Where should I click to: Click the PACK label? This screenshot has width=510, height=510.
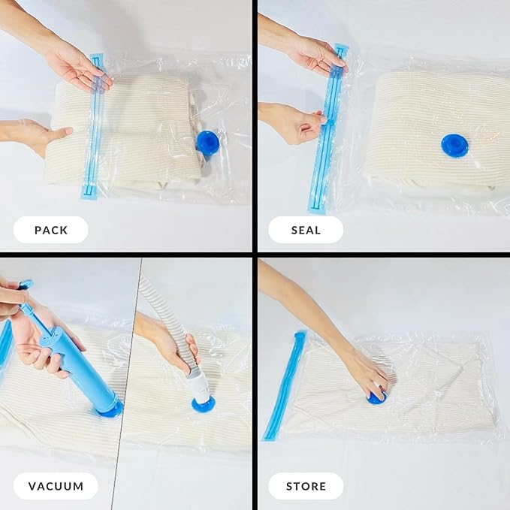tap(51, 230)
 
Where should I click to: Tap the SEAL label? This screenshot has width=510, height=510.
tap(306, 230)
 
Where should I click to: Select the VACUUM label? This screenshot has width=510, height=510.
tap(56, 486)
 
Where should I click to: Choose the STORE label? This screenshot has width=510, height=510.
tap(306, 486)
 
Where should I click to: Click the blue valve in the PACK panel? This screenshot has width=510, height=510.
tap(207, 141)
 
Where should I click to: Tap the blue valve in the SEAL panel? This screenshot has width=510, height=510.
tap(454, 145)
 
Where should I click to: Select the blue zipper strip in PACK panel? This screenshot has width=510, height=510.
tap(92, 128)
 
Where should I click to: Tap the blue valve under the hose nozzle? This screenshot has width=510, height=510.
tap(203, 403)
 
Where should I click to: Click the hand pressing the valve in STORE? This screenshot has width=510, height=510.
tap(368, 372)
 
